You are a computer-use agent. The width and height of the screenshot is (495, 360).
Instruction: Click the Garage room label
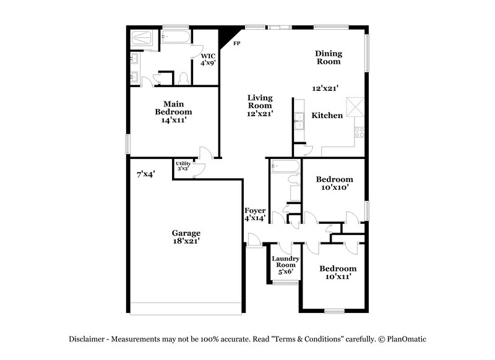pyautogui.click(x=186, y=233)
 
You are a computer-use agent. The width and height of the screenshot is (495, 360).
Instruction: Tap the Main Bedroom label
pyautogui.click(x=173, y=108)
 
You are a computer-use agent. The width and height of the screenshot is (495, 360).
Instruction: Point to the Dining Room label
pyautogui.click(x=329, y=57)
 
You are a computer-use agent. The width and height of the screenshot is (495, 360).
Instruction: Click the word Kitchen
pyautogui.click(x=327, y=116)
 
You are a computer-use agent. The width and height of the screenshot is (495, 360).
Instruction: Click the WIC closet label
pyautogui.click(x=208, y=56)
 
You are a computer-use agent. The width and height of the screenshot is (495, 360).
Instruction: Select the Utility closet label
pyautogui.click(x=183, y=163)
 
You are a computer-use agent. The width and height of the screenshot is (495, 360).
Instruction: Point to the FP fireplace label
pyautogui.click(x=236, y=43)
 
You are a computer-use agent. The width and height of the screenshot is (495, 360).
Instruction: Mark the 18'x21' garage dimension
pyautogui.click(x=186, y=242)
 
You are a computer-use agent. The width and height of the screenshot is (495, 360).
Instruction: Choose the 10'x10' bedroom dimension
pyautogui.click(x=334, y=188)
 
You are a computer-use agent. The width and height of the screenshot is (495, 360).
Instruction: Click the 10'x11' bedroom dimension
pyautogui.click(x=338, y=277)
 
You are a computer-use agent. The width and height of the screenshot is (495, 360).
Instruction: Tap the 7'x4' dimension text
pyautogui.click(x=145, y=174)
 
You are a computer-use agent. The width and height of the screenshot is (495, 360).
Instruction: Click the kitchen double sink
pyautogui.click(x=299, y=122)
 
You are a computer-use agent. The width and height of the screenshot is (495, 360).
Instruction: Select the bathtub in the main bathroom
pyautogui.click(x=175, y=37)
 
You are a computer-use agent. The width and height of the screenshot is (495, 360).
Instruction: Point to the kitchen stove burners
pyautogui.click(x=358, y=131)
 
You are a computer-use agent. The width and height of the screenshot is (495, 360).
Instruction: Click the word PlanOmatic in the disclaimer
pyautogui.click(x=406, y=339)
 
